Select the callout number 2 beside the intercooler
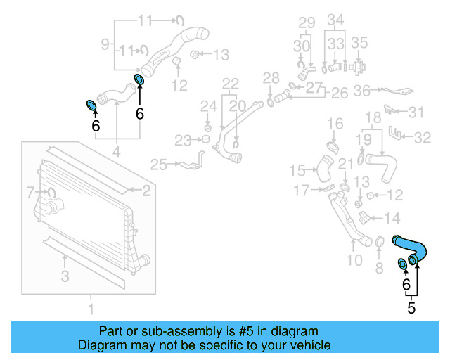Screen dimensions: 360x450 click(x=146, y=190)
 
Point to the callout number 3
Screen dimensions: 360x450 click(x=65, y=277)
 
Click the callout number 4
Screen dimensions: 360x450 click(x=116, y=151)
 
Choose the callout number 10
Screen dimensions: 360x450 click(x=354, y=260)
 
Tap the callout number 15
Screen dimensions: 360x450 click(x=297, y=169)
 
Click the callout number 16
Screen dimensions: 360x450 click(x=335, y=124)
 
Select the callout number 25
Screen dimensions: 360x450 click(x=158, y=165)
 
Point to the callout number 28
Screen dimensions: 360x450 click(x=271, y=77)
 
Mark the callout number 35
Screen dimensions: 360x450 click(x=359, y=42)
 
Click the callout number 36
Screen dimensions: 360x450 click(x=362, y=90)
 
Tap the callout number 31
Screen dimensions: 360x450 click(x=417, y=112)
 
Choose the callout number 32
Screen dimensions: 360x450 click(x=422, y=138)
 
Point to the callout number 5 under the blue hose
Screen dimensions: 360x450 click(x=411, y=307)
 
